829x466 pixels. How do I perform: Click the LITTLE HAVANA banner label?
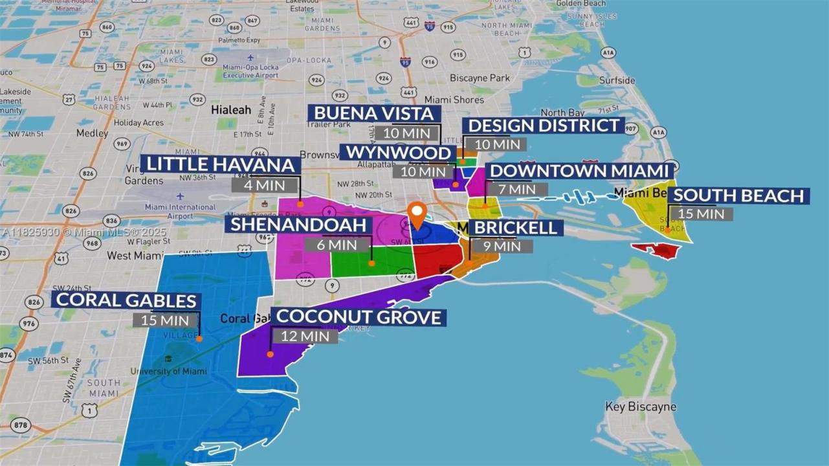coord(221,164)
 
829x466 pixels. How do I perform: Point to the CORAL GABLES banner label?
coord(126,300)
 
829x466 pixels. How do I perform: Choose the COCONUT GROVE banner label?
coord(359,317)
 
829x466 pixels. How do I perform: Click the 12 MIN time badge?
coord(305,336)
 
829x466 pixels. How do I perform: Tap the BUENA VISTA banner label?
coord(373,114)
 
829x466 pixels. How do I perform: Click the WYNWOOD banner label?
coord(397,153)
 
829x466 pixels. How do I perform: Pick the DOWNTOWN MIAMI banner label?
coord(579,171)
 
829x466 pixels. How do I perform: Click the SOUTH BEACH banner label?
coord(738,195)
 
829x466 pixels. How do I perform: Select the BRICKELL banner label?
coord(516,227)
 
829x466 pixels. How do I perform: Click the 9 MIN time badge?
coord(501,246)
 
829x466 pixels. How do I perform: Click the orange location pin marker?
coord(418,214)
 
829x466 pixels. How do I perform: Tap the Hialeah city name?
coord(231,110)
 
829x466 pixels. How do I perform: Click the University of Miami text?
coord(168,372)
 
